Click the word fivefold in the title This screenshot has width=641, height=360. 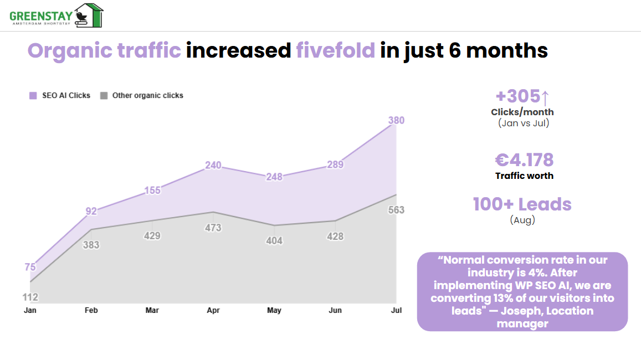point(336,50)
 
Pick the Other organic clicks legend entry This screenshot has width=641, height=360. point(142,95)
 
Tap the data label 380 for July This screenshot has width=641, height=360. point(396,121)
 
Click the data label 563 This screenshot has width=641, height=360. point(396,210)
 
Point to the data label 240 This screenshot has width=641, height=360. point(213,165)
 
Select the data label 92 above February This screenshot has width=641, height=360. point(91,211)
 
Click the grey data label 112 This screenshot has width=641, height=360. point(30,297)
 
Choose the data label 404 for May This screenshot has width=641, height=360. point(274,241)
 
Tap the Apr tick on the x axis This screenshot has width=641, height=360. point(213,311)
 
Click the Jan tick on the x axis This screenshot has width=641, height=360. point(30,311)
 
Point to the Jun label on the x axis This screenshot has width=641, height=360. point(335,311)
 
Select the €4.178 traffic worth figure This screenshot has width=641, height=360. point(524,160)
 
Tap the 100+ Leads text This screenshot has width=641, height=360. point(522,204)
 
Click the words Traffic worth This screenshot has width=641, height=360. point(524,176)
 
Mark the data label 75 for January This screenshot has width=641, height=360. point(30,267)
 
